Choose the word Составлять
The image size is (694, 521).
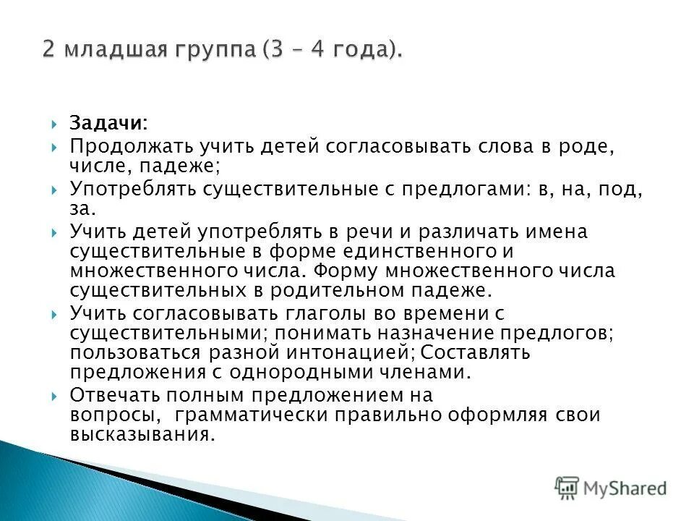[476, 352]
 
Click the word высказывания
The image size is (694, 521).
[142, 436]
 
